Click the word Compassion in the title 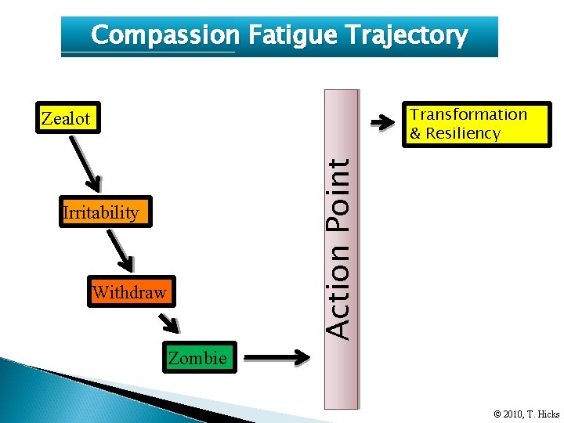tap(164, 35)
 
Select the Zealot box tap(67, 119)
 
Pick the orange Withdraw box tap(129, 293)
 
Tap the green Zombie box tap(197, 358)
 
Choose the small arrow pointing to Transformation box tap(382, 122)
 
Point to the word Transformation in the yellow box tap(469, 114)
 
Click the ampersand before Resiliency tap(416, 133)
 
